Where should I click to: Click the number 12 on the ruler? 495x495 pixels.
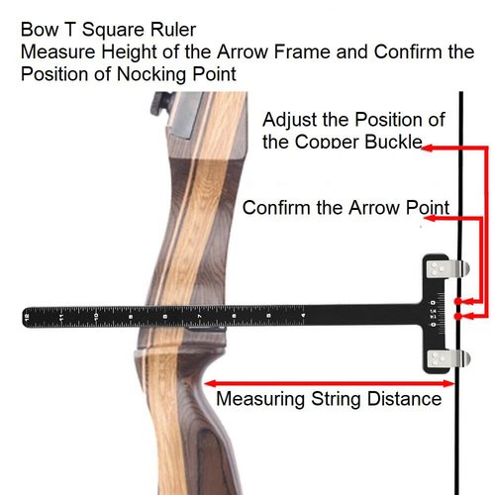tap(27, 317)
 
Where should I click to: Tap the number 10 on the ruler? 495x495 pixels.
tap(96, 316)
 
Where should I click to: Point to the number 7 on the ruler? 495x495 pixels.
tap(199, 316)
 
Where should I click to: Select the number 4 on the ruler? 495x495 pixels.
tap(303, 315)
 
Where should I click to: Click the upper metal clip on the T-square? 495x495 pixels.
tap(447, 268)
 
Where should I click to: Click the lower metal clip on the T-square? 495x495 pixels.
tap(447, 358)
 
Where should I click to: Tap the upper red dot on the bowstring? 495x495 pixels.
tap(457, 301)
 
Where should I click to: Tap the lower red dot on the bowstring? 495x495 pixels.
tap(457, 316)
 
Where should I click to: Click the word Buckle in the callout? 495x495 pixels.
tap(393, 142)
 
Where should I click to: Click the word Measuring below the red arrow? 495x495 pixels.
tap(260, 399)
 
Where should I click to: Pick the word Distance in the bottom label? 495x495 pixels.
tap(404, 399)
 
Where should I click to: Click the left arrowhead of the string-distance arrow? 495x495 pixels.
tap(210, 383)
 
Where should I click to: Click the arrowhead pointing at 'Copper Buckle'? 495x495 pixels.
tap(428, 148)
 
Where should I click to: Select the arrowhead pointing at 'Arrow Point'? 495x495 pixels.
tap(430, 218)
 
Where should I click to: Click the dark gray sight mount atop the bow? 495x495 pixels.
tap(161, 103)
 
